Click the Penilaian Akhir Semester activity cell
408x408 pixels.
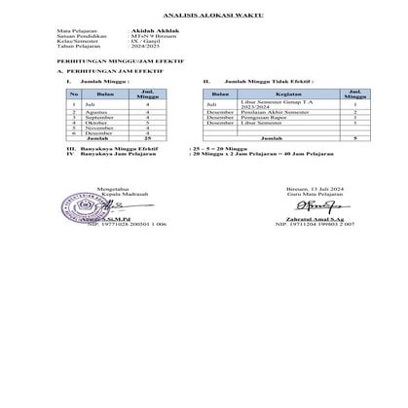point(276,112)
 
